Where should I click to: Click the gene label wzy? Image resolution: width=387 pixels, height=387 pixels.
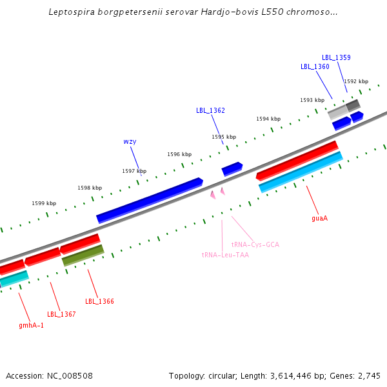[130, 141]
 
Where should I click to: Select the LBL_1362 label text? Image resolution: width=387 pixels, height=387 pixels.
[210, 110]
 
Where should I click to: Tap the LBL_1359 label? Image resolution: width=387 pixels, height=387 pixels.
[336, 57]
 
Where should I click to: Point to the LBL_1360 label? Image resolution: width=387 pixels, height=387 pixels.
[315, 66]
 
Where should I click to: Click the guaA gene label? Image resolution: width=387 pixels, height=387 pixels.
[319, 218]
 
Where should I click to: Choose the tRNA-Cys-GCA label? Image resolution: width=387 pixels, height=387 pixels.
[255, 245]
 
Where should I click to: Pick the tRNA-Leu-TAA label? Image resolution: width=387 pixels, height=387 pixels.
[225, 255]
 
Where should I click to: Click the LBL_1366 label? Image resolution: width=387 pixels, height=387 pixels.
[99, 301]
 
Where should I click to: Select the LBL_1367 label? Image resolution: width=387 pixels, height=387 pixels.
[61, 314]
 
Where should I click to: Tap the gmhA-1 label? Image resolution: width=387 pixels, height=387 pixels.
[31, 325]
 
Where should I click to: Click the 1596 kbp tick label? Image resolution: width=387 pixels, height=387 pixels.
[179, 154]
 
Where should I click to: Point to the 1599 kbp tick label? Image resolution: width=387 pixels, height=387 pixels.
[44, 203]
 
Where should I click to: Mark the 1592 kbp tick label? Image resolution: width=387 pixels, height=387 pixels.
[356, 81]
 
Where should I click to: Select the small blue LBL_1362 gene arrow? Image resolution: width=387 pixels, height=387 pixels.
[232, 169]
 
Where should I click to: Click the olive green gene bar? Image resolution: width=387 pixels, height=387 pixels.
[83, 255]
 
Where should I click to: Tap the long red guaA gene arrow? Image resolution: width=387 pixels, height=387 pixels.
[297, 160]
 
